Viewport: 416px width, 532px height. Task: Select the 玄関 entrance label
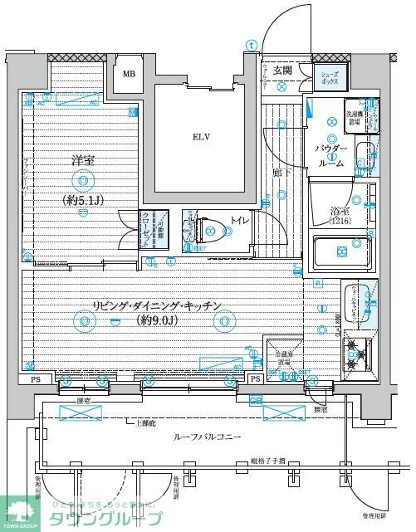click(x=282, y=71)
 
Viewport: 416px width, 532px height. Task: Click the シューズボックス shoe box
click(x=330, y=77)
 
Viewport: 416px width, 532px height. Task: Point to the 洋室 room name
click(x=80, y=159)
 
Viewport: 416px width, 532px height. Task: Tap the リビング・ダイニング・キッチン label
click(x=157, y=305)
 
